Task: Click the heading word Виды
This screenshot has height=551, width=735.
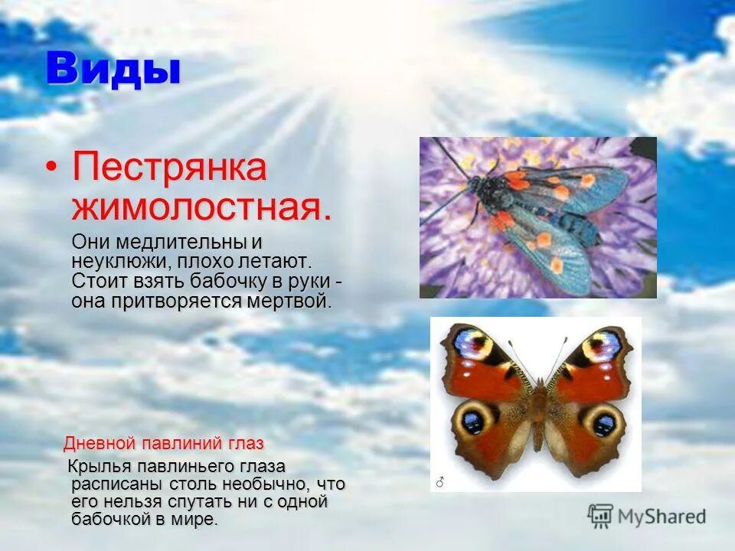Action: coord(113,70)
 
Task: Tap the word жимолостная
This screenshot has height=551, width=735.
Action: coord(201,207)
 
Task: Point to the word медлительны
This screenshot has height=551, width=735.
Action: coord(185,243)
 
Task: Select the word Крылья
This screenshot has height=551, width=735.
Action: coord(100,467)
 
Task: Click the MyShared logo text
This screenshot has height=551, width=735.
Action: coord(662,517)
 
